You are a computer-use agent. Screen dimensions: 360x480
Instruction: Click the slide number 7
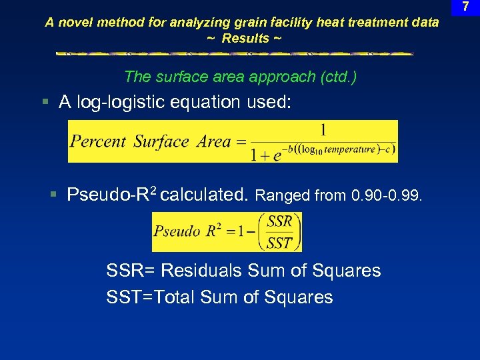[x=465, y=7]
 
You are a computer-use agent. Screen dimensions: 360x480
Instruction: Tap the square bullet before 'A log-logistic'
[x=45, y=102]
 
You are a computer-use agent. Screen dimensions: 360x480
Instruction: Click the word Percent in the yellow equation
[x=98, y=141]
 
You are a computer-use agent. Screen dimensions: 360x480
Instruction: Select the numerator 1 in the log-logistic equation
[x=323, y=129]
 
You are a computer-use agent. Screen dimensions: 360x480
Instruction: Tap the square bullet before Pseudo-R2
[x=54, y=195]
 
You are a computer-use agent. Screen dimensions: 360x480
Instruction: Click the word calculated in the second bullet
[x=205, y=195]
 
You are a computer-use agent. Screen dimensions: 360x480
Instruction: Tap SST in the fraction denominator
[x=279, y=243]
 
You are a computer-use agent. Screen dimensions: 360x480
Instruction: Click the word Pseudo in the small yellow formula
[x=177, y=231]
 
